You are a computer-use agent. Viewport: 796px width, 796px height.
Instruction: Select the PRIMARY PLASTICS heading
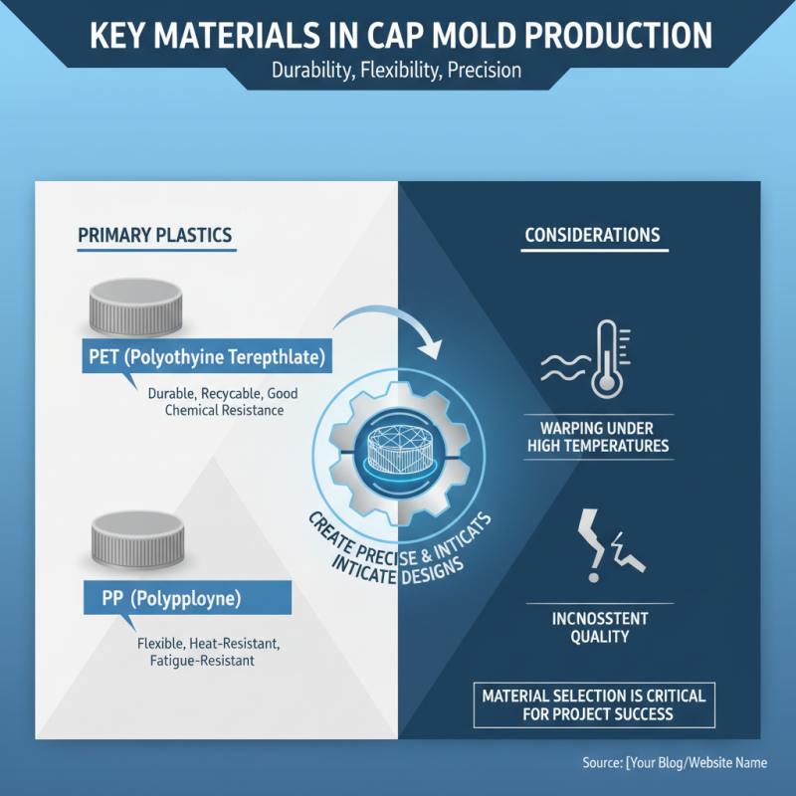pyautogui.click(x=154, y=236)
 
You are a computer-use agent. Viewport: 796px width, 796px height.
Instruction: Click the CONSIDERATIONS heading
pyautogui.click(x=592, y=236)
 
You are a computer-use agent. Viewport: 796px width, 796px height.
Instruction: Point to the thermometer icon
pyautogui.click(x=605, y=358)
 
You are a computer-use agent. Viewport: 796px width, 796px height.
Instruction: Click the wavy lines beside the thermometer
pyautogui.click(x=560, y=368)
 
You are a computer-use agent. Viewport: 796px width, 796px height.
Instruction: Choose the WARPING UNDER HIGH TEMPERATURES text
pyautogui.click(x=598, y=436)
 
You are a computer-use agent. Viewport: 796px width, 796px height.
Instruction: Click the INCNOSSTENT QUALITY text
pyautogui.click(x=599, y=627)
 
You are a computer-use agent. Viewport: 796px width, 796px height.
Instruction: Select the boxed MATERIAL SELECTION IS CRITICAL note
pyautogui.click(x=593, y=703)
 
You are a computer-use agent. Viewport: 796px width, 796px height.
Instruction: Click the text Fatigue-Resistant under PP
pyautogui.click(x=196, y=660)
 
